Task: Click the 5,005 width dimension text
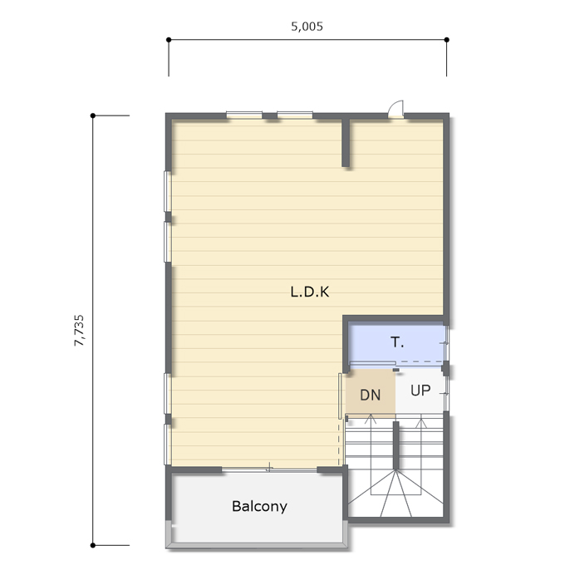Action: point(307,27)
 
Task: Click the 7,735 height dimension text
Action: point(79,331)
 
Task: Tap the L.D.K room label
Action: point(310,292)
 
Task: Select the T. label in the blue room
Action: point(397,342)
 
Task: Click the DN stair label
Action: point(371,395)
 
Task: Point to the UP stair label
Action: point(420,391)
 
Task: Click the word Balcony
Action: point(259,507)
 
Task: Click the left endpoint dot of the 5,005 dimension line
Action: point(169,40)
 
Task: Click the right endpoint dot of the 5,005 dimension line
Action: point(447,40)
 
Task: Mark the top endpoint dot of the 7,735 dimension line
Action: point(93,115)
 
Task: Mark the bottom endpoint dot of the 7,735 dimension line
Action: point(93,545)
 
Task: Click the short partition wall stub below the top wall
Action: point(346,142)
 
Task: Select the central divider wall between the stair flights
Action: point(395,445)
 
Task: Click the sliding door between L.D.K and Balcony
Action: point(269,469)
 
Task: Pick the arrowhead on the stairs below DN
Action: point(371,419)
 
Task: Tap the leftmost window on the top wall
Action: point(244,115)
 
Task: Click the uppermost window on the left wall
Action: point(168,191)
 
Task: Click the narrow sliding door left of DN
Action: point(340,396)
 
